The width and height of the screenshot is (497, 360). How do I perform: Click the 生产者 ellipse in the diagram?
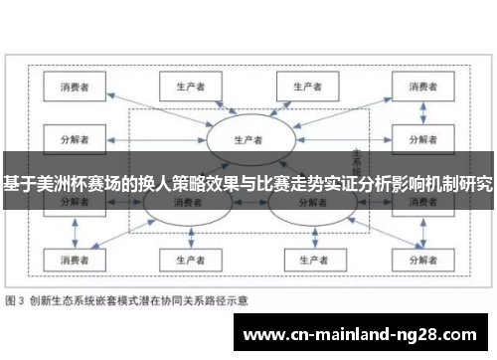pos(248,138)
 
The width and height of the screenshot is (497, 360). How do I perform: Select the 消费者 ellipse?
pos(184,202)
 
